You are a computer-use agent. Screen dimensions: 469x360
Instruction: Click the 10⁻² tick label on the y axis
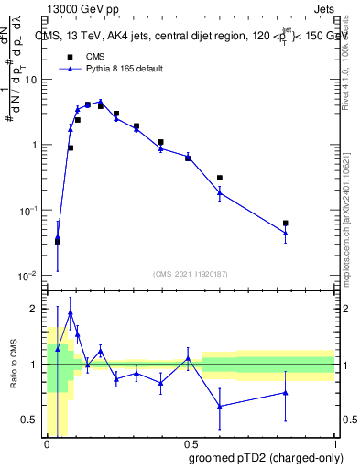pyautogui.click(x=29, y=276)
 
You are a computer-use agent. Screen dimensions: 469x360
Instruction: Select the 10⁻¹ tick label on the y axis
pyautogui.click(x=29, y=211)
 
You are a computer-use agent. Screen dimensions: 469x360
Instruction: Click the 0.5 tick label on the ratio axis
pyautogui.click(x=31, y=420)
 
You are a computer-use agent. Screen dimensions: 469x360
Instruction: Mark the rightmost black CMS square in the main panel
pyautogui.click(x=286, y=223)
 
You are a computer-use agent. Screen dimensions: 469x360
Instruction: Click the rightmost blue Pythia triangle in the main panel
pyautogui.click(x=286, y=233)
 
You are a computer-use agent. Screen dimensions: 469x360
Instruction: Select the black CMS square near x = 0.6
pyautogui.click(x=220, y=178)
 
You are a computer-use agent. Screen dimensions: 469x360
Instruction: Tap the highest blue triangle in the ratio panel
pyautogui.click(x=71, y=312)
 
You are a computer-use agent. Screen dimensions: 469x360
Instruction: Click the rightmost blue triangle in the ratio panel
pyautogui.click(x=286, y=392)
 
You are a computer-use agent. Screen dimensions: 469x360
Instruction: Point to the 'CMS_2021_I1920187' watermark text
pyautogui.click(x=191, y=273)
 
